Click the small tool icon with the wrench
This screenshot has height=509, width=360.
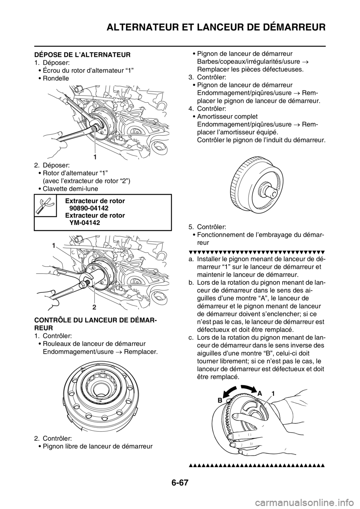click(x=45, y=205)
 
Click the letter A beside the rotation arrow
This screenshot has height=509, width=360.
click(x=259, y=392)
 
